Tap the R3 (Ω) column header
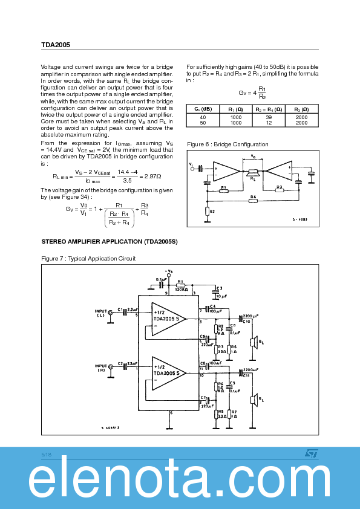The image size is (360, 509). coord(301,109)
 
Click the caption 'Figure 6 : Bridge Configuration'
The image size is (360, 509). coord(227,144)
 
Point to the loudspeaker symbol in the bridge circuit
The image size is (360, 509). coord(252,173)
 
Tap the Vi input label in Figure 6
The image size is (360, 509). coord(191,164)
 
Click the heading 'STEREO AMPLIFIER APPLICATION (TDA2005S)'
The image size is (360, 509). coord(109,242)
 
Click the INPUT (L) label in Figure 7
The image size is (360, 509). coord(100,313)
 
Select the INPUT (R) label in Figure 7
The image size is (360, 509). coord(100,368)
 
